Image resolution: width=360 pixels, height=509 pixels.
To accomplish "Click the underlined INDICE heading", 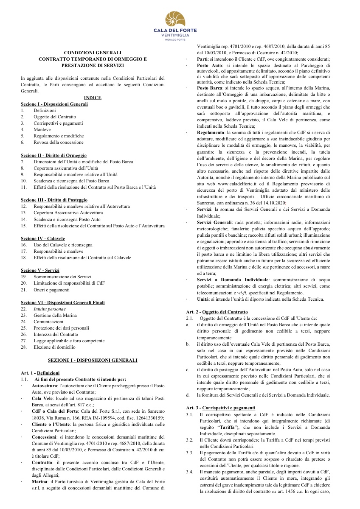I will [93, 98].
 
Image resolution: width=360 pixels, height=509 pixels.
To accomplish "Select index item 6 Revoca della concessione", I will [59, 143].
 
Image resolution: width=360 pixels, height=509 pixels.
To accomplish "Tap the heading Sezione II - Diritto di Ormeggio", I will [53, 156].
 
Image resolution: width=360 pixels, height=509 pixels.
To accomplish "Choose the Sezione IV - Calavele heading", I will [42, 238].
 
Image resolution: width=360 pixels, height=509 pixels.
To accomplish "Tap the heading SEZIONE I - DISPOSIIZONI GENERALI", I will [93, 360].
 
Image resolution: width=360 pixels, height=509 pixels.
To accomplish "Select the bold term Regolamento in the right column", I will [214, 132].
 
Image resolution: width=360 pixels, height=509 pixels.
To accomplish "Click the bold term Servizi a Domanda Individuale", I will [233, 280].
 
